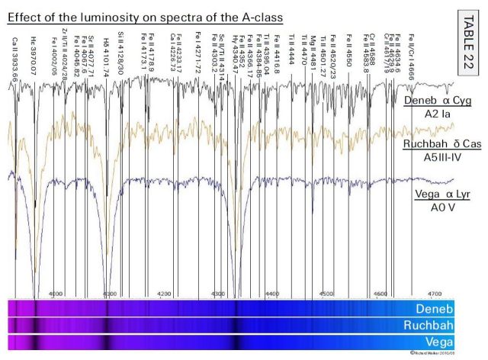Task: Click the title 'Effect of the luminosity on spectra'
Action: point(145,15)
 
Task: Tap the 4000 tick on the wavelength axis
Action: point(56,292)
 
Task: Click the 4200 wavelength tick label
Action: point(164,292)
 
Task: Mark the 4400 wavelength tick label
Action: point(272,292)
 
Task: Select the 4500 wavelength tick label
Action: point(326,292)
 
